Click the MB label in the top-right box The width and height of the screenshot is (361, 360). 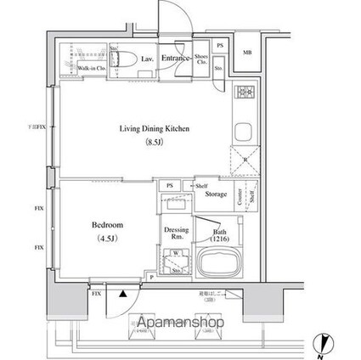point(248,53)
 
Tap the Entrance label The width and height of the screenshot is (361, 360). point(176,58)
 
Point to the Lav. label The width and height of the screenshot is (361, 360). point(147,58)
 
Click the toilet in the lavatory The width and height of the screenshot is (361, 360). point(123,59)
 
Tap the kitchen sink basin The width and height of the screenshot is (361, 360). point(241,132)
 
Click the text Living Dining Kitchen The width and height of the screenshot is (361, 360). point(154,128)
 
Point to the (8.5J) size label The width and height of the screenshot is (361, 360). point(154,143)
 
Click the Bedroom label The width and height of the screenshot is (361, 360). point(109,225)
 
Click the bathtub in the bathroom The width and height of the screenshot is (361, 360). point(217,262)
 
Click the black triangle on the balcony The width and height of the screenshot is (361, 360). point(123,293)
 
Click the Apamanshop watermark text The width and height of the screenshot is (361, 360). point(178,323)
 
